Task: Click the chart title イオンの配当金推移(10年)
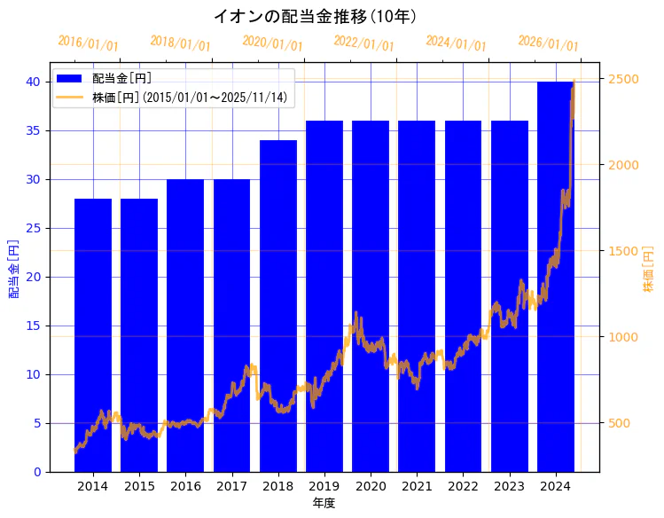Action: [315, 17]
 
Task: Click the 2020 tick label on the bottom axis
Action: [371, 486]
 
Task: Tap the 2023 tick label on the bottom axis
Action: [509, 486]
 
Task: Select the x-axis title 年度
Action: [324, 503]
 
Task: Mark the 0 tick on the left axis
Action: [37, 472]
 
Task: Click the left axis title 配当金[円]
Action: [13, 268]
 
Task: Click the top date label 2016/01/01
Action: [88, 43]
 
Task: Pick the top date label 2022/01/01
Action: [363, 43]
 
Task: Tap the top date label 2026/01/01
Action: [548, 43]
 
